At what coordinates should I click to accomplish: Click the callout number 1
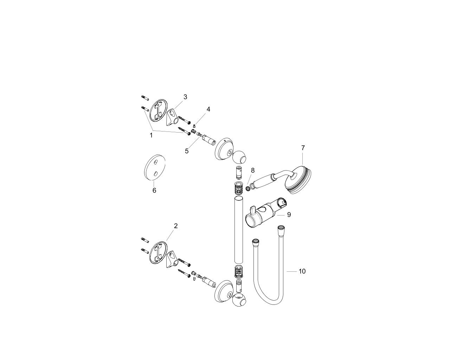[151, 135]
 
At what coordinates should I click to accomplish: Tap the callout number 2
[176, 226]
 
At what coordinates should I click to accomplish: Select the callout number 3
[185, 97]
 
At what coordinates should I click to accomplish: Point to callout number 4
[208, 109]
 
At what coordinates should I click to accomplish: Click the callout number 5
[187, 151]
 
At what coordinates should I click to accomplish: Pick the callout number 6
[154, 190]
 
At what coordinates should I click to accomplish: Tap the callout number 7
[303, 148]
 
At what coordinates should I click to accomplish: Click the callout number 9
[289, 214]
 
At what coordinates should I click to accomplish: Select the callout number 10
[302, 271]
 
